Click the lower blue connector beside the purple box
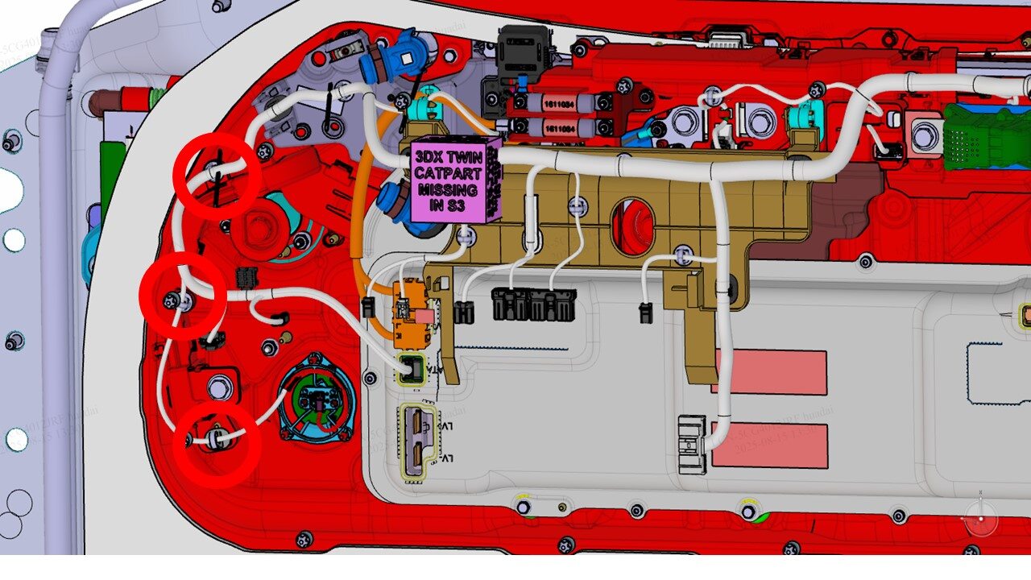point(398,205)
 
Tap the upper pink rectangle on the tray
point(770,372)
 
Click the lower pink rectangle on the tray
point(770,445)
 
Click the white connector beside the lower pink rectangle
point(692,444)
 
